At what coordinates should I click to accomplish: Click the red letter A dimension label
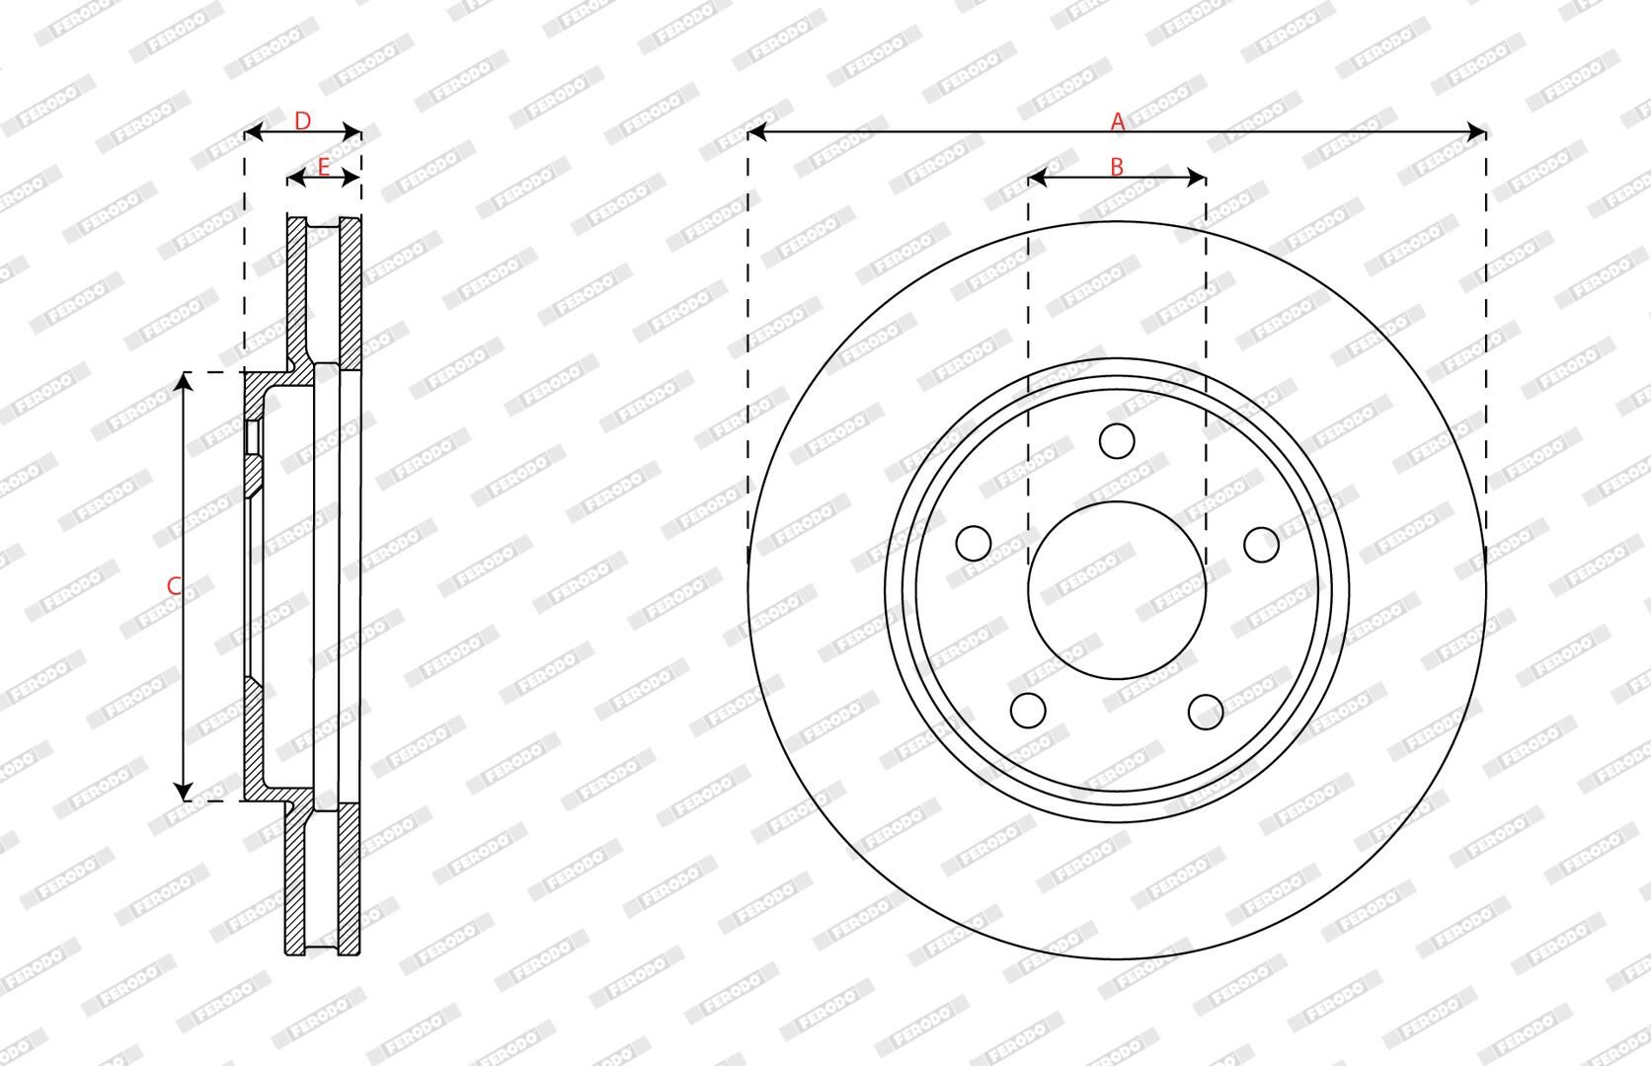tap(1118, 121)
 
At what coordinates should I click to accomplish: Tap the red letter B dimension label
tap(1117, 167)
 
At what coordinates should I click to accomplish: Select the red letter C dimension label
tap(174, 586)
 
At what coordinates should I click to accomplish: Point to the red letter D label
tap(302, 120)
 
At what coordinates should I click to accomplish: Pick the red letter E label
tap(323, 167)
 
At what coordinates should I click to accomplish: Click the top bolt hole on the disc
tap(1117, 441)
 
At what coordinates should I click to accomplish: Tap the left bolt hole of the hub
tap(974, 544)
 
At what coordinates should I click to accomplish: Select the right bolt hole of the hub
tap(1261, 545)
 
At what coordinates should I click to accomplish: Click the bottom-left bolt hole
tap(1028, 711)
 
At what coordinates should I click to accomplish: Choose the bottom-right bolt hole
tap(1206, 712)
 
